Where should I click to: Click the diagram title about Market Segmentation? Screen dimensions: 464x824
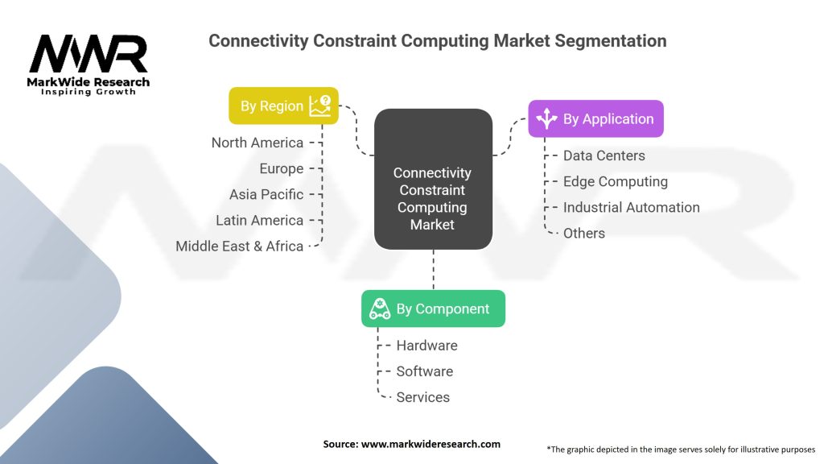coord(437,40)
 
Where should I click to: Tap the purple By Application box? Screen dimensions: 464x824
coord(595,119)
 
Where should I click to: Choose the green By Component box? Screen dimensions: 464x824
coord(433,309)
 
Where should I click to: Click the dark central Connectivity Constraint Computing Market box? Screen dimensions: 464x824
coord(433,178)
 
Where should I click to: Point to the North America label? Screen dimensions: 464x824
coord(257,143)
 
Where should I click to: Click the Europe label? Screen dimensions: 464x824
coord(282,168)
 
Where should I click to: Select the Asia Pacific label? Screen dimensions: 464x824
coord(266,194)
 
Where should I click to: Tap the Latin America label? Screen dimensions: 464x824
coord(260,220)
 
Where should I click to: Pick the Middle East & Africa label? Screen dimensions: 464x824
coord(240,246)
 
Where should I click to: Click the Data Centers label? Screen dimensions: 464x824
coord(604,155)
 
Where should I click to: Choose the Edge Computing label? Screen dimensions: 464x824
coord(615,181)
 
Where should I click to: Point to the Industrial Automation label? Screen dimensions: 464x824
coord(631,207)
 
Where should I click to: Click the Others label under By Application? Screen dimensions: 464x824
coord(584,233)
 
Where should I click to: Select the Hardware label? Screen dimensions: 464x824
coord(426,346)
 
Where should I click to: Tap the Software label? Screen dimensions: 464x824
coord(424,371)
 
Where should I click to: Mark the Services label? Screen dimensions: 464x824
coord(422,397)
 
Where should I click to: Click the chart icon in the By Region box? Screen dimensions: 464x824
coord(320,106)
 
